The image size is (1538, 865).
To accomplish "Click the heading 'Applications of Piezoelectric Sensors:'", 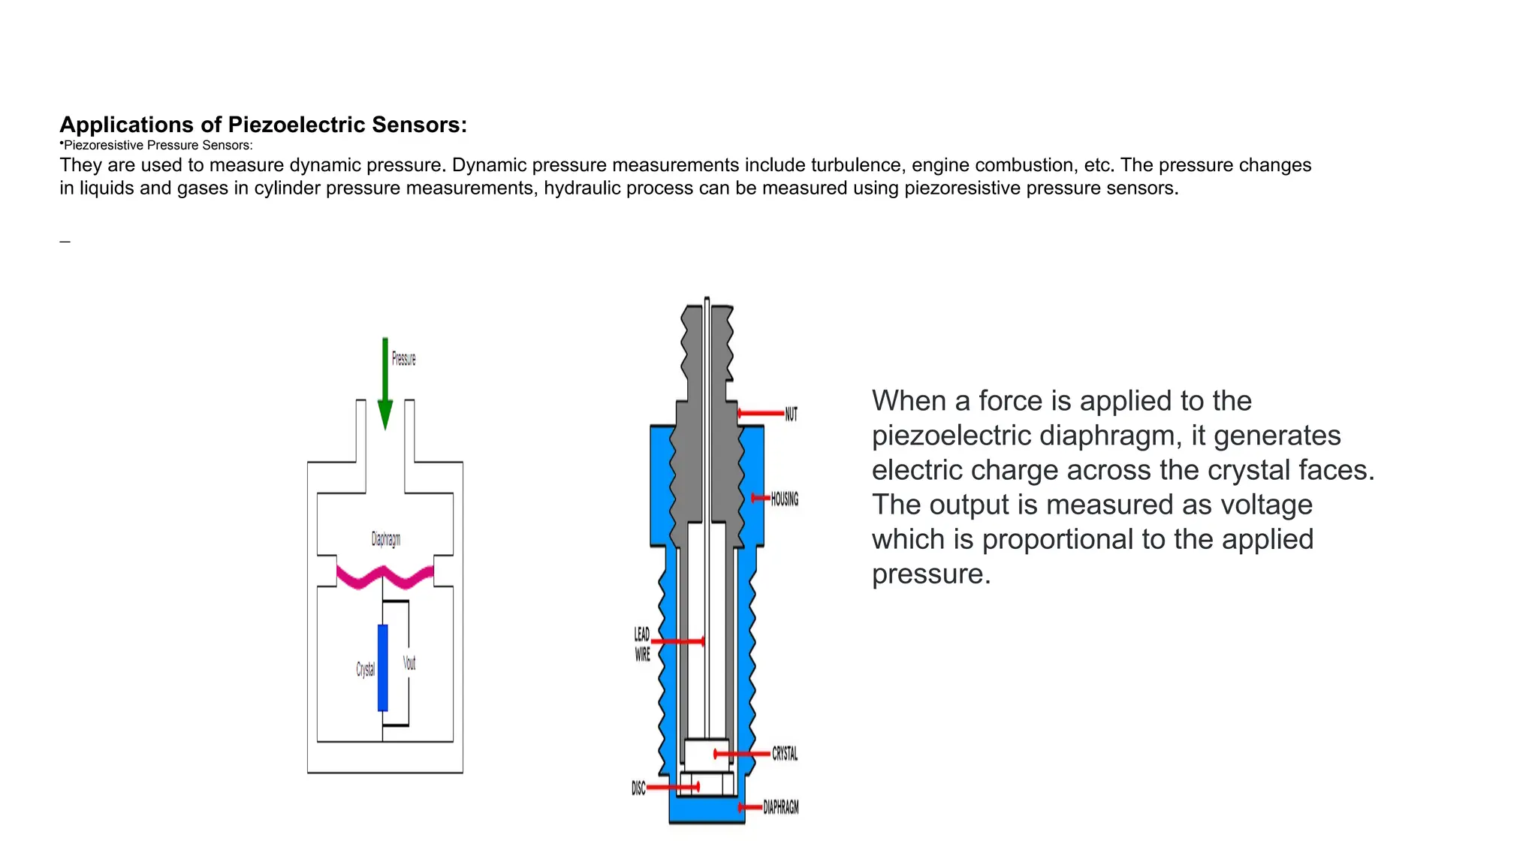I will (263, 125).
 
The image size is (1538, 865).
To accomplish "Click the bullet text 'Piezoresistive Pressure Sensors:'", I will (158, 146).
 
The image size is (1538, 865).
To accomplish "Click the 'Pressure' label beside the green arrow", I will (403, 359).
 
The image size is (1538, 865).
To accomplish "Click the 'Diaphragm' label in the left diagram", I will (386, 539).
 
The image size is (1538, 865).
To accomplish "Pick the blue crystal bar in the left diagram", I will (383, 668).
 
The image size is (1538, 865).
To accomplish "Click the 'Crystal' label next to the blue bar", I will (365, 669).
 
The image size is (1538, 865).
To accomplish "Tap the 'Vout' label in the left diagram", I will (409, 663).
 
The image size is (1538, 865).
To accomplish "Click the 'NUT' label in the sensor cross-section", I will (791, 414).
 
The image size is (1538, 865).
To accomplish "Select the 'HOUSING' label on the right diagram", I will (784, 499).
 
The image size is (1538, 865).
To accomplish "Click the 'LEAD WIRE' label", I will (642, 644).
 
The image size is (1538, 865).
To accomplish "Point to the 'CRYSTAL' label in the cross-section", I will (785, 754).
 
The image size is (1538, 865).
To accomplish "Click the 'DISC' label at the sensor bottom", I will (638, 788).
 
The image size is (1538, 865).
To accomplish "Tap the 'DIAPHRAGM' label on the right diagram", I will (781, 808).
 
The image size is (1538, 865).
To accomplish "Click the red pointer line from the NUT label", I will (761, 413).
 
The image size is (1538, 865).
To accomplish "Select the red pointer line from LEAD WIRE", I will (677, 641).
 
